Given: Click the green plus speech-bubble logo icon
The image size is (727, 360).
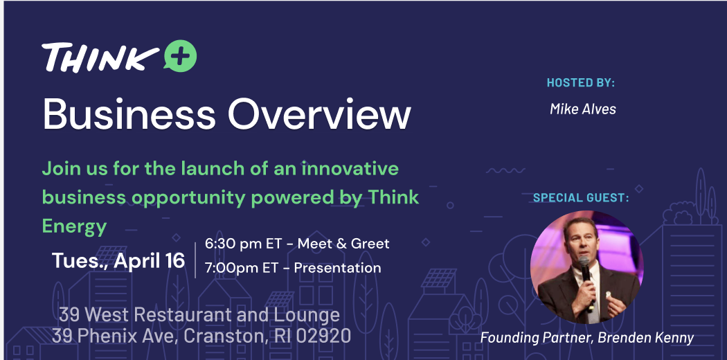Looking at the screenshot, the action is coord(180,56).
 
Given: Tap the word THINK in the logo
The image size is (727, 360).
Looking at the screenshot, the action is coord(100,57).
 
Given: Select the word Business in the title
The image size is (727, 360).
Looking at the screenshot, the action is coord(129,114).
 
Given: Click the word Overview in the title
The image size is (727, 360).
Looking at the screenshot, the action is coord(319,114).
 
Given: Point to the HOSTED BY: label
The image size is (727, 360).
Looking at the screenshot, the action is coord(580,83).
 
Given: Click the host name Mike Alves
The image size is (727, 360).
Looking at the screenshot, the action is coord(583,109).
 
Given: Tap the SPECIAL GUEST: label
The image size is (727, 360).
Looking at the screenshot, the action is coord(581,198).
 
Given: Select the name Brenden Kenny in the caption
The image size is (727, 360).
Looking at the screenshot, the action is coord(646,338).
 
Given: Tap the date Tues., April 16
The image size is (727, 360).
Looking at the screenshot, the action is coord(118,261).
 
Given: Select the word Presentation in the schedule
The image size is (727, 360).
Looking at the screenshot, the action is coord(338,268).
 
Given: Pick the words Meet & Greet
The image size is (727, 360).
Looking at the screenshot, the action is coord(343,244).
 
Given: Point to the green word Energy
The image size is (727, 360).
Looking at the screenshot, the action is coord(74,227).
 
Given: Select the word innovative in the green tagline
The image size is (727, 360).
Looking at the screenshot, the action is coord(350,168).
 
